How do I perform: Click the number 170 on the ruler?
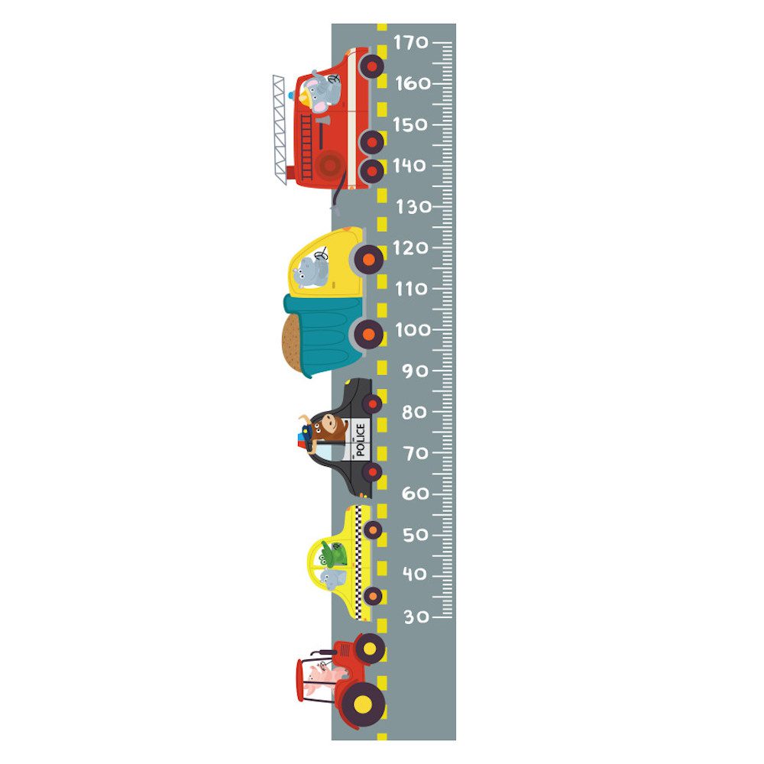(x=411, y=43)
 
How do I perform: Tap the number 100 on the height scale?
(x=413, y=330)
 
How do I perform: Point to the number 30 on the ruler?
(x=416, y=617)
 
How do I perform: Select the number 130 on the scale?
(x=413, y=207)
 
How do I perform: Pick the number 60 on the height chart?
(x=416, y=494)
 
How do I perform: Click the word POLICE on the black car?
(x=360, y=439)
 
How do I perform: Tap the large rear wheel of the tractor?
(x=363, y=704)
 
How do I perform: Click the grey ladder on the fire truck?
(x=279, y=130)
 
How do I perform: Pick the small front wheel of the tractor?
(x=370, y=649)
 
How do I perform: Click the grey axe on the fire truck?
(x=322, y=131)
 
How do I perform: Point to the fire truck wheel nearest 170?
(x=372, y=66)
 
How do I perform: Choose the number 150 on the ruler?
(x=410, y=125)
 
